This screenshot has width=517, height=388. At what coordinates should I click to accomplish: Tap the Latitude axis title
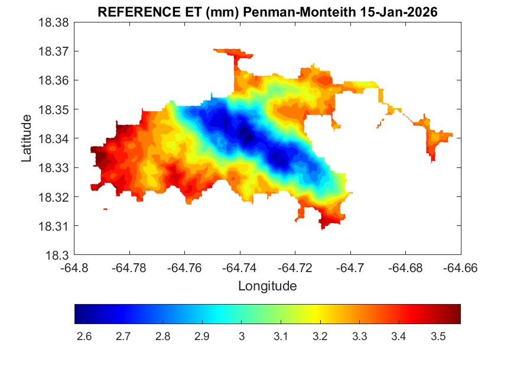pos(27,139)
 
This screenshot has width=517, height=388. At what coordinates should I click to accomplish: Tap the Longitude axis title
pos(267,286)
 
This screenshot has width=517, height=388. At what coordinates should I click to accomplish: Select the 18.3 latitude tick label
pos(60,256)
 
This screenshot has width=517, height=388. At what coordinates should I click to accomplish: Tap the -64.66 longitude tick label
pos(461,267)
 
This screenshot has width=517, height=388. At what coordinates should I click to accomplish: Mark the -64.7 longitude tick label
pos(351,267)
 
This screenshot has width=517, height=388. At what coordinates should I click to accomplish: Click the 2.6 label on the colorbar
pos(84,337)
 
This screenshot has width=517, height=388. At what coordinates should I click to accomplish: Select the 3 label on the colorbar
pos(241,337)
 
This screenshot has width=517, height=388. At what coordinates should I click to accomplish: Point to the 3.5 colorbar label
pos(438,337)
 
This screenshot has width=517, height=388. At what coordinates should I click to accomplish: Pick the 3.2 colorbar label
pos(320,337)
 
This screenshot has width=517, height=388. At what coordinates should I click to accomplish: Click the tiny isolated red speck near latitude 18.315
pos(105,209)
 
